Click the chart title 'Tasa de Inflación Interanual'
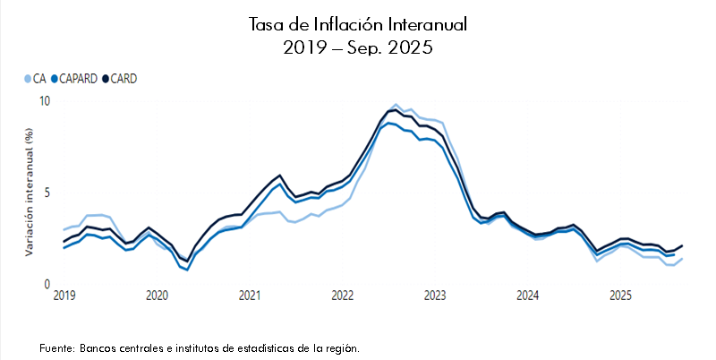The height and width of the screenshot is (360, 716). point(357,24)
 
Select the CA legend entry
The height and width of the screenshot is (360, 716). point(34,79)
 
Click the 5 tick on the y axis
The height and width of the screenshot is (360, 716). point(49,193)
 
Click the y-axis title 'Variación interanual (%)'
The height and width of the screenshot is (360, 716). point(30,193)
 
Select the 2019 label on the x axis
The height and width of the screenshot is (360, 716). point(64,296)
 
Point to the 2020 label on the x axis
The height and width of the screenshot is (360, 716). point(157,296)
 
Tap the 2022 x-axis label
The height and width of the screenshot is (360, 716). point(342,296)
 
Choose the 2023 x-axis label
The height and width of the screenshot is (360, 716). point(435,296)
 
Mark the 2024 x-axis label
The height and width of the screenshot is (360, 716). point(528,296)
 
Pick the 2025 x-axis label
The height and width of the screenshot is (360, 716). point(620,296)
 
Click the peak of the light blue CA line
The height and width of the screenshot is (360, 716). point(396,105)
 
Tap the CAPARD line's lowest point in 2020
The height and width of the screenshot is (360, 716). point(187,270)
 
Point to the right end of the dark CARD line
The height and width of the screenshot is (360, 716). point(682,245)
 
